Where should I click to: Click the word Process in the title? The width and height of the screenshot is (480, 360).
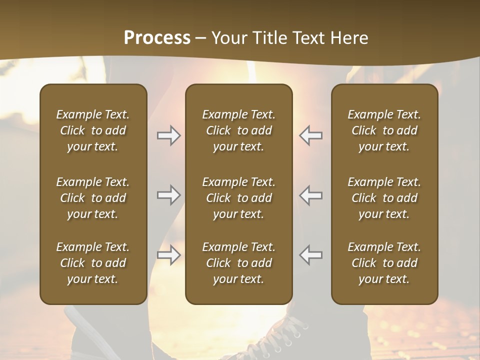[x=157, y=38]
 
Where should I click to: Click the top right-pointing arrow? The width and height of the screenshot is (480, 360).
[x=168, y=135]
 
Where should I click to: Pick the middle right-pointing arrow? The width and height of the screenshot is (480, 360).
[x=168, y=195]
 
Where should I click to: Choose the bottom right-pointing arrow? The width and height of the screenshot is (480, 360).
[x=168, y=255]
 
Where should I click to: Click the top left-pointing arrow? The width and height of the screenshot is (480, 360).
[x=311, y=135]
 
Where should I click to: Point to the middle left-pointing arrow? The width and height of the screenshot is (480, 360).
[x=311, y=195]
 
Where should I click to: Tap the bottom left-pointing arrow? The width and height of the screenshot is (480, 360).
[x=311, y=255]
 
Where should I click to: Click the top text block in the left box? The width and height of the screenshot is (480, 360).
[x=93, y=130]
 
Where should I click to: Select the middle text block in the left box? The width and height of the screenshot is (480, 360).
[x=93, y=198]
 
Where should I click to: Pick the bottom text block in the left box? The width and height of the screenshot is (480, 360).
[x=93, y=263]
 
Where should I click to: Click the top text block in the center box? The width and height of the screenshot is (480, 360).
[x=239, y=130]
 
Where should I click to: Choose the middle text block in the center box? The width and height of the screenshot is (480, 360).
[x=239, y=198]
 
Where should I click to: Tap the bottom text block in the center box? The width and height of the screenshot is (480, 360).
[x=239, y=263]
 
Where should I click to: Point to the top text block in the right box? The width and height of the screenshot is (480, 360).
[x=384, y=130]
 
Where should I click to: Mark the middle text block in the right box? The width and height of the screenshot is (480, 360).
[x=384, y=198]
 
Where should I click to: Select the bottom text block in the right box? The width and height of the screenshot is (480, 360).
[x=384, y=263]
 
